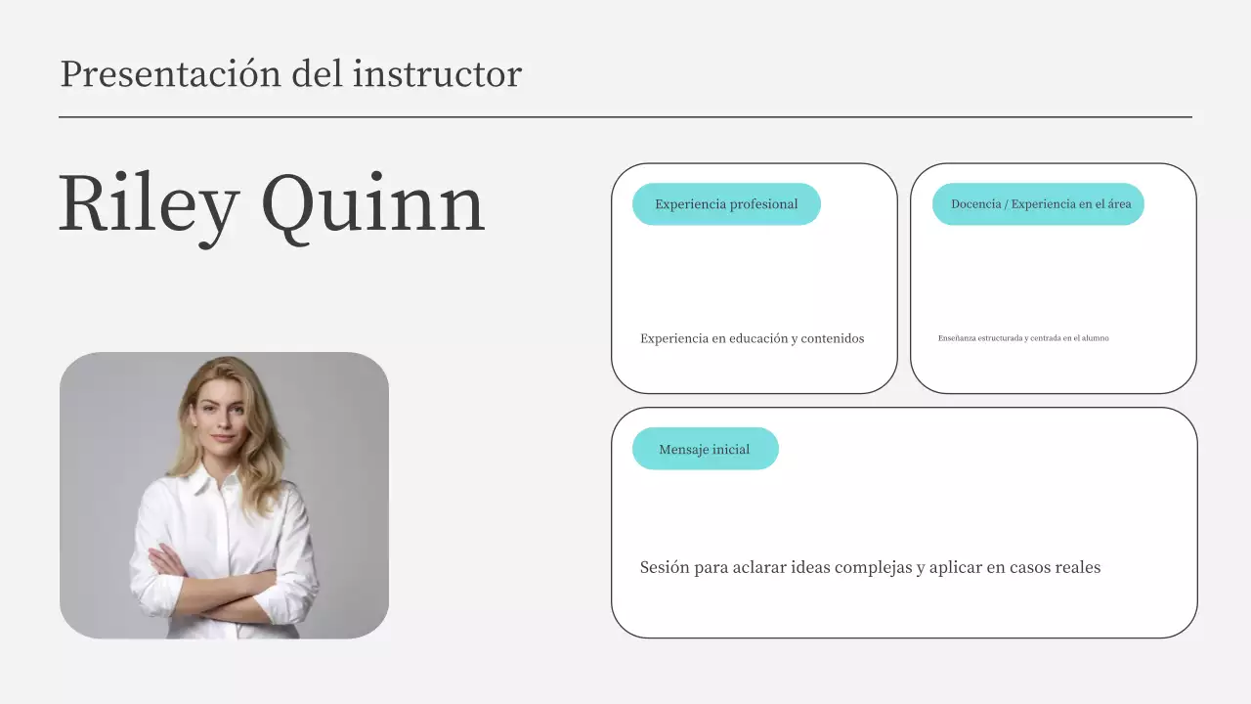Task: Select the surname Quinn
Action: click(372, 204)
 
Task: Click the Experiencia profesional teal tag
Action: click(726, 204)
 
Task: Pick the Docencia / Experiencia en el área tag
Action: click(1038, 204)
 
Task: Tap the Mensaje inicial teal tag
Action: click(705, 449)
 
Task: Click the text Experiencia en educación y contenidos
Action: click(752, 338)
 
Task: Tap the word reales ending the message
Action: click(1078, 567)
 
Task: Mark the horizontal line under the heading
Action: click(625, 117)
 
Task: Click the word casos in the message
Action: click(1030, 567)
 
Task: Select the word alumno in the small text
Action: click(1097, 338)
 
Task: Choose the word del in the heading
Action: click(317, 74)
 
